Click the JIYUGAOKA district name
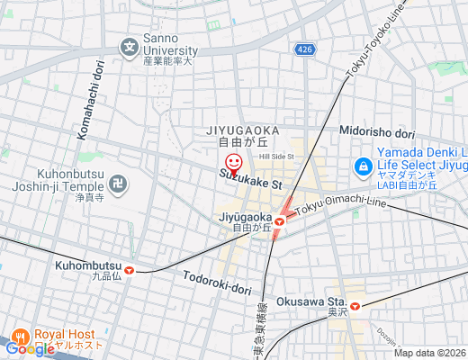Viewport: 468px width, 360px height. tap(243, 130)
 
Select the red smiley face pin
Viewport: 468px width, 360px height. tap(234, 164)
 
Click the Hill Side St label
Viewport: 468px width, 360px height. tap(277, 157)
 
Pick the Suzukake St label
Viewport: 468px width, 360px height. tap(251, 180)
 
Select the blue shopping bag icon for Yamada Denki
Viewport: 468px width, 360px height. tap(363, 166)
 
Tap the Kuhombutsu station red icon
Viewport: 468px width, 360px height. tap(130, 267)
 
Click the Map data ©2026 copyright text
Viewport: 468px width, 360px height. tap(429, 353)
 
